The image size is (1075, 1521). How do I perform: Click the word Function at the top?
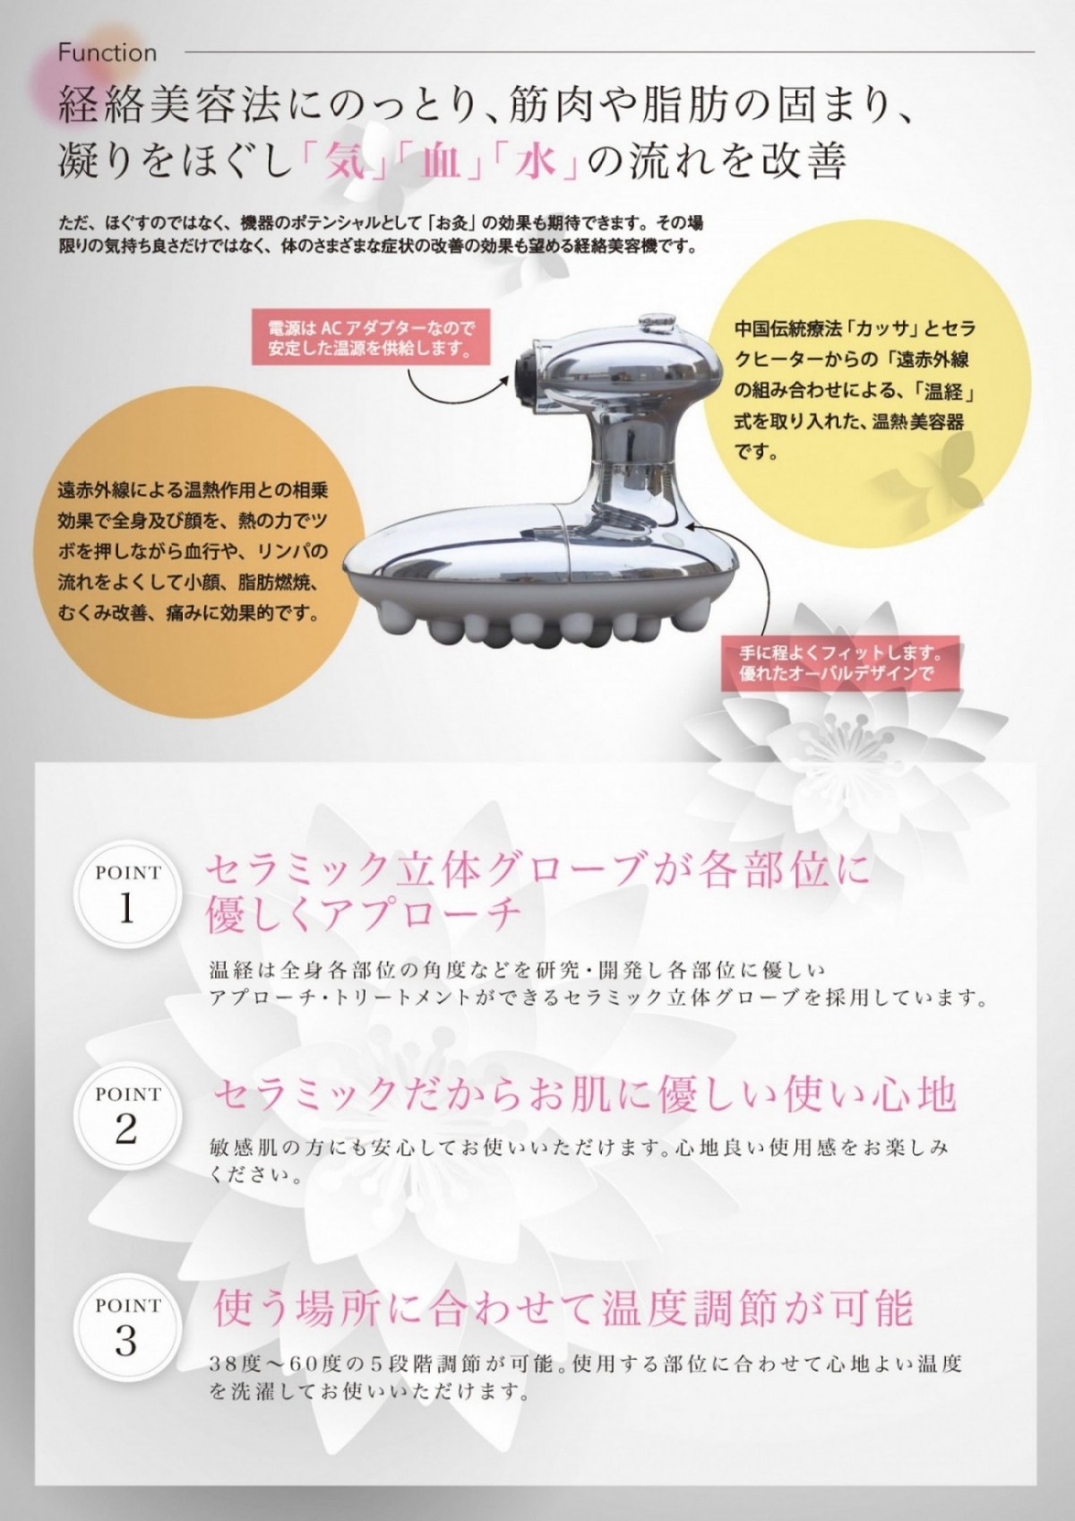point(107,53)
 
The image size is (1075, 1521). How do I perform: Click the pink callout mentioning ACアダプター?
point(371,337)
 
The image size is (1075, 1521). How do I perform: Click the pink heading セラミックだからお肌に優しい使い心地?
point(585,1094)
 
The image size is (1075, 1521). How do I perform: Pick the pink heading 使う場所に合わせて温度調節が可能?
point(563,1308)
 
